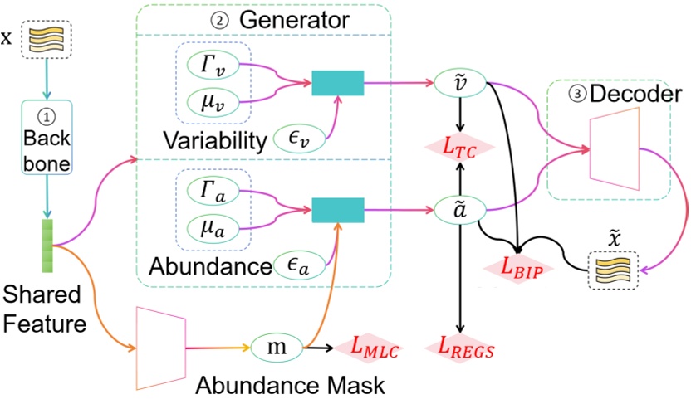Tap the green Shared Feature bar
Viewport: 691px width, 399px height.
(47, 245)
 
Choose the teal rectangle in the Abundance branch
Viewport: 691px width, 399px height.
(337, 209)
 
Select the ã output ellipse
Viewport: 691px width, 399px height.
(459, 210)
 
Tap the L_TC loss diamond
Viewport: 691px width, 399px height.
(459, 148)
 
